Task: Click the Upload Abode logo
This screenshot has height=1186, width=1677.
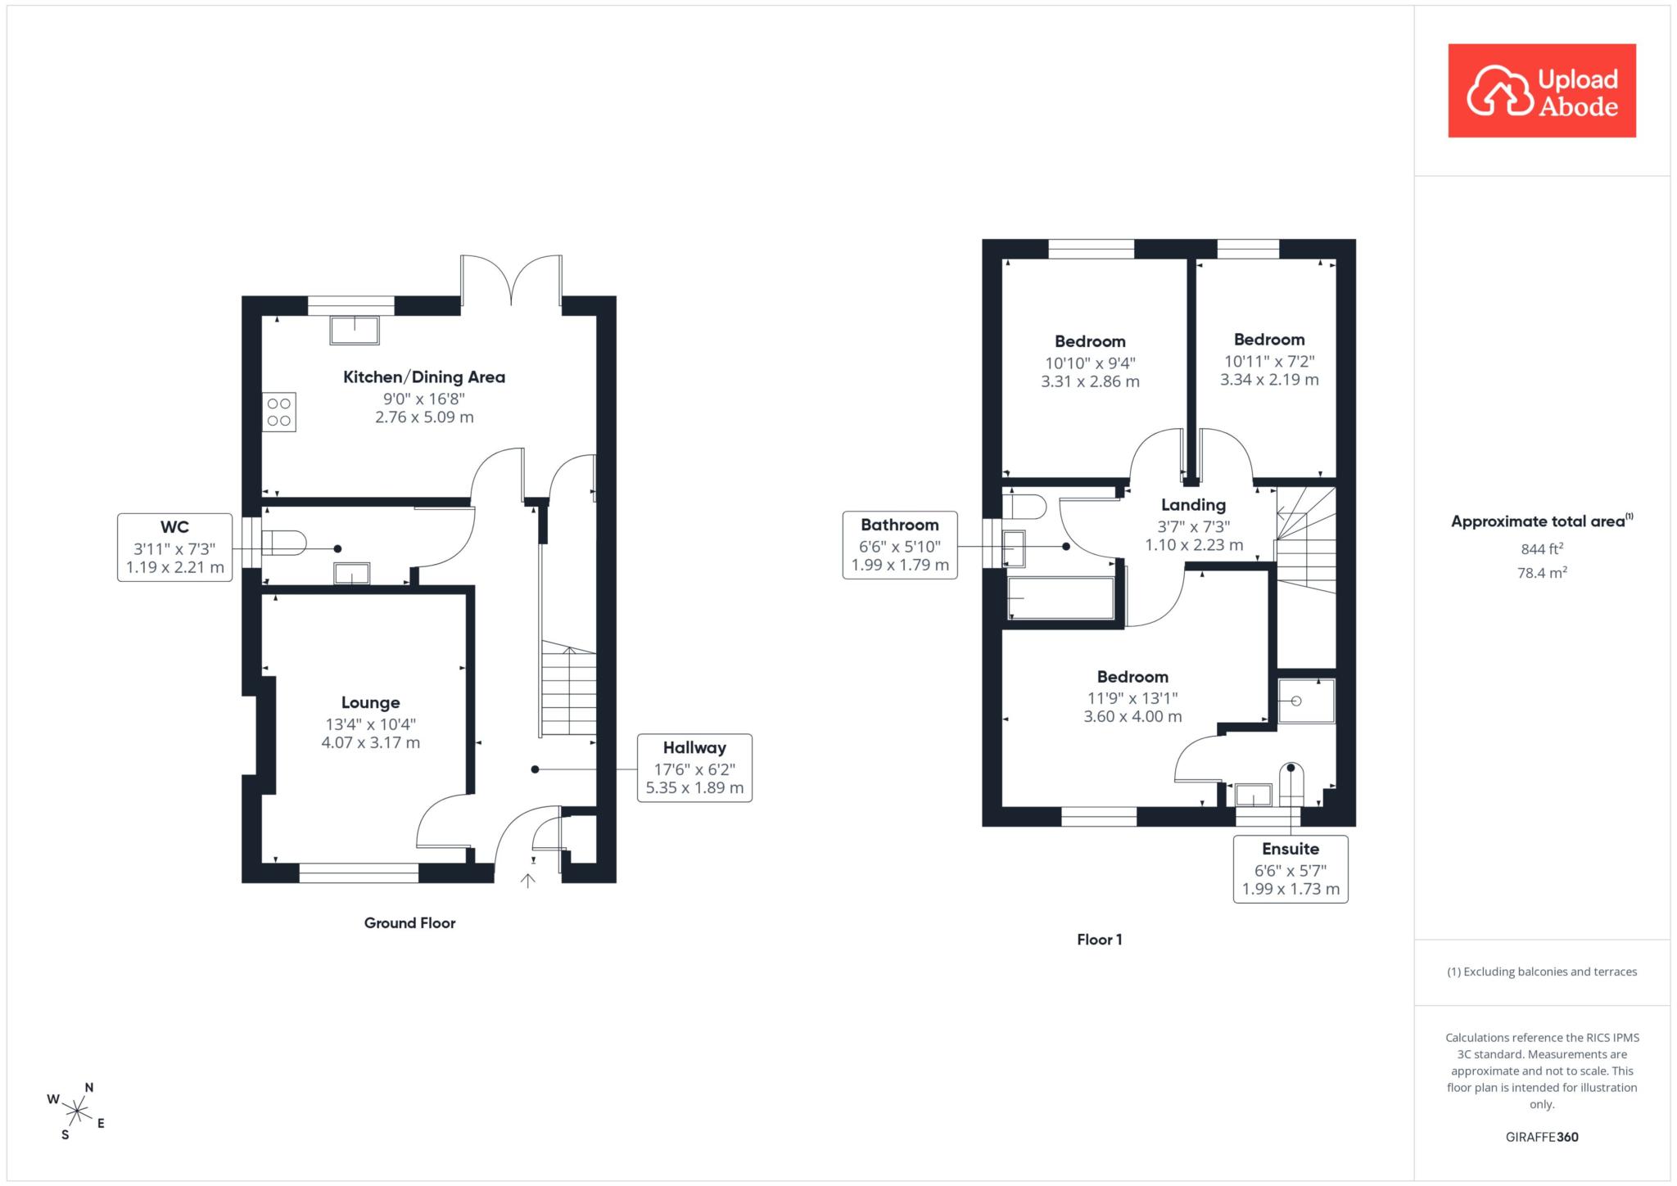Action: tap(1542, 91)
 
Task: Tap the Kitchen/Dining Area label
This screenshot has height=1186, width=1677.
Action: tap(424, 377)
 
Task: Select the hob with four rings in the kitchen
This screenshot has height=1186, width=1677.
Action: tap(279, 412)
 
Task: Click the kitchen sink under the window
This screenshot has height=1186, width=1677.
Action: tap(355, 330)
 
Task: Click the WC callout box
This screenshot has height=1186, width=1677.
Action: tap(174, 548)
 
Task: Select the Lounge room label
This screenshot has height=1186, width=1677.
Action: tap(371, 702)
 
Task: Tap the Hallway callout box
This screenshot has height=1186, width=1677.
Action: tap(694, 768)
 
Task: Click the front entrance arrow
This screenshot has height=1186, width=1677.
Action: tap(528, 881)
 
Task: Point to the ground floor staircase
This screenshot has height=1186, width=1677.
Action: tap(568, 690)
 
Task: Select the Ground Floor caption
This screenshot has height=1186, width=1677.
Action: tap(409, 923)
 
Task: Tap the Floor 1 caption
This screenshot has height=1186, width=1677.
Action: tap(1099, 940)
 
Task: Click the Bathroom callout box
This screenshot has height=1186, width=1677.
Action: tap(900, 545)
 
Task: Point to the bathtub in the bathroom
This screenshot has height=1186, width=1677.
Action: tap(1061, 598)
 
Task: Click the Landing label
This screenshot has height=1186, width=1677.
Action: tap(1193, 505)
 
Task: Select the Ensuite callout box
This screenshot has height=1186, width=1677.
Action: tap(1291, 869)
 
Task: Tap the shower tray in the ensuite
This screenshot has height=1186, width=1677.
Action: tap(1307, 701)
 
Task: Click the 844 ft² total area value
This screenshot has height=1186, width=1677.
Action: tap(1542, 548)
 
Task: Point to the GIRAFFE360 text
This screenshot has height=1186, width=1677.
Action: tap(1542, 1137)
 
